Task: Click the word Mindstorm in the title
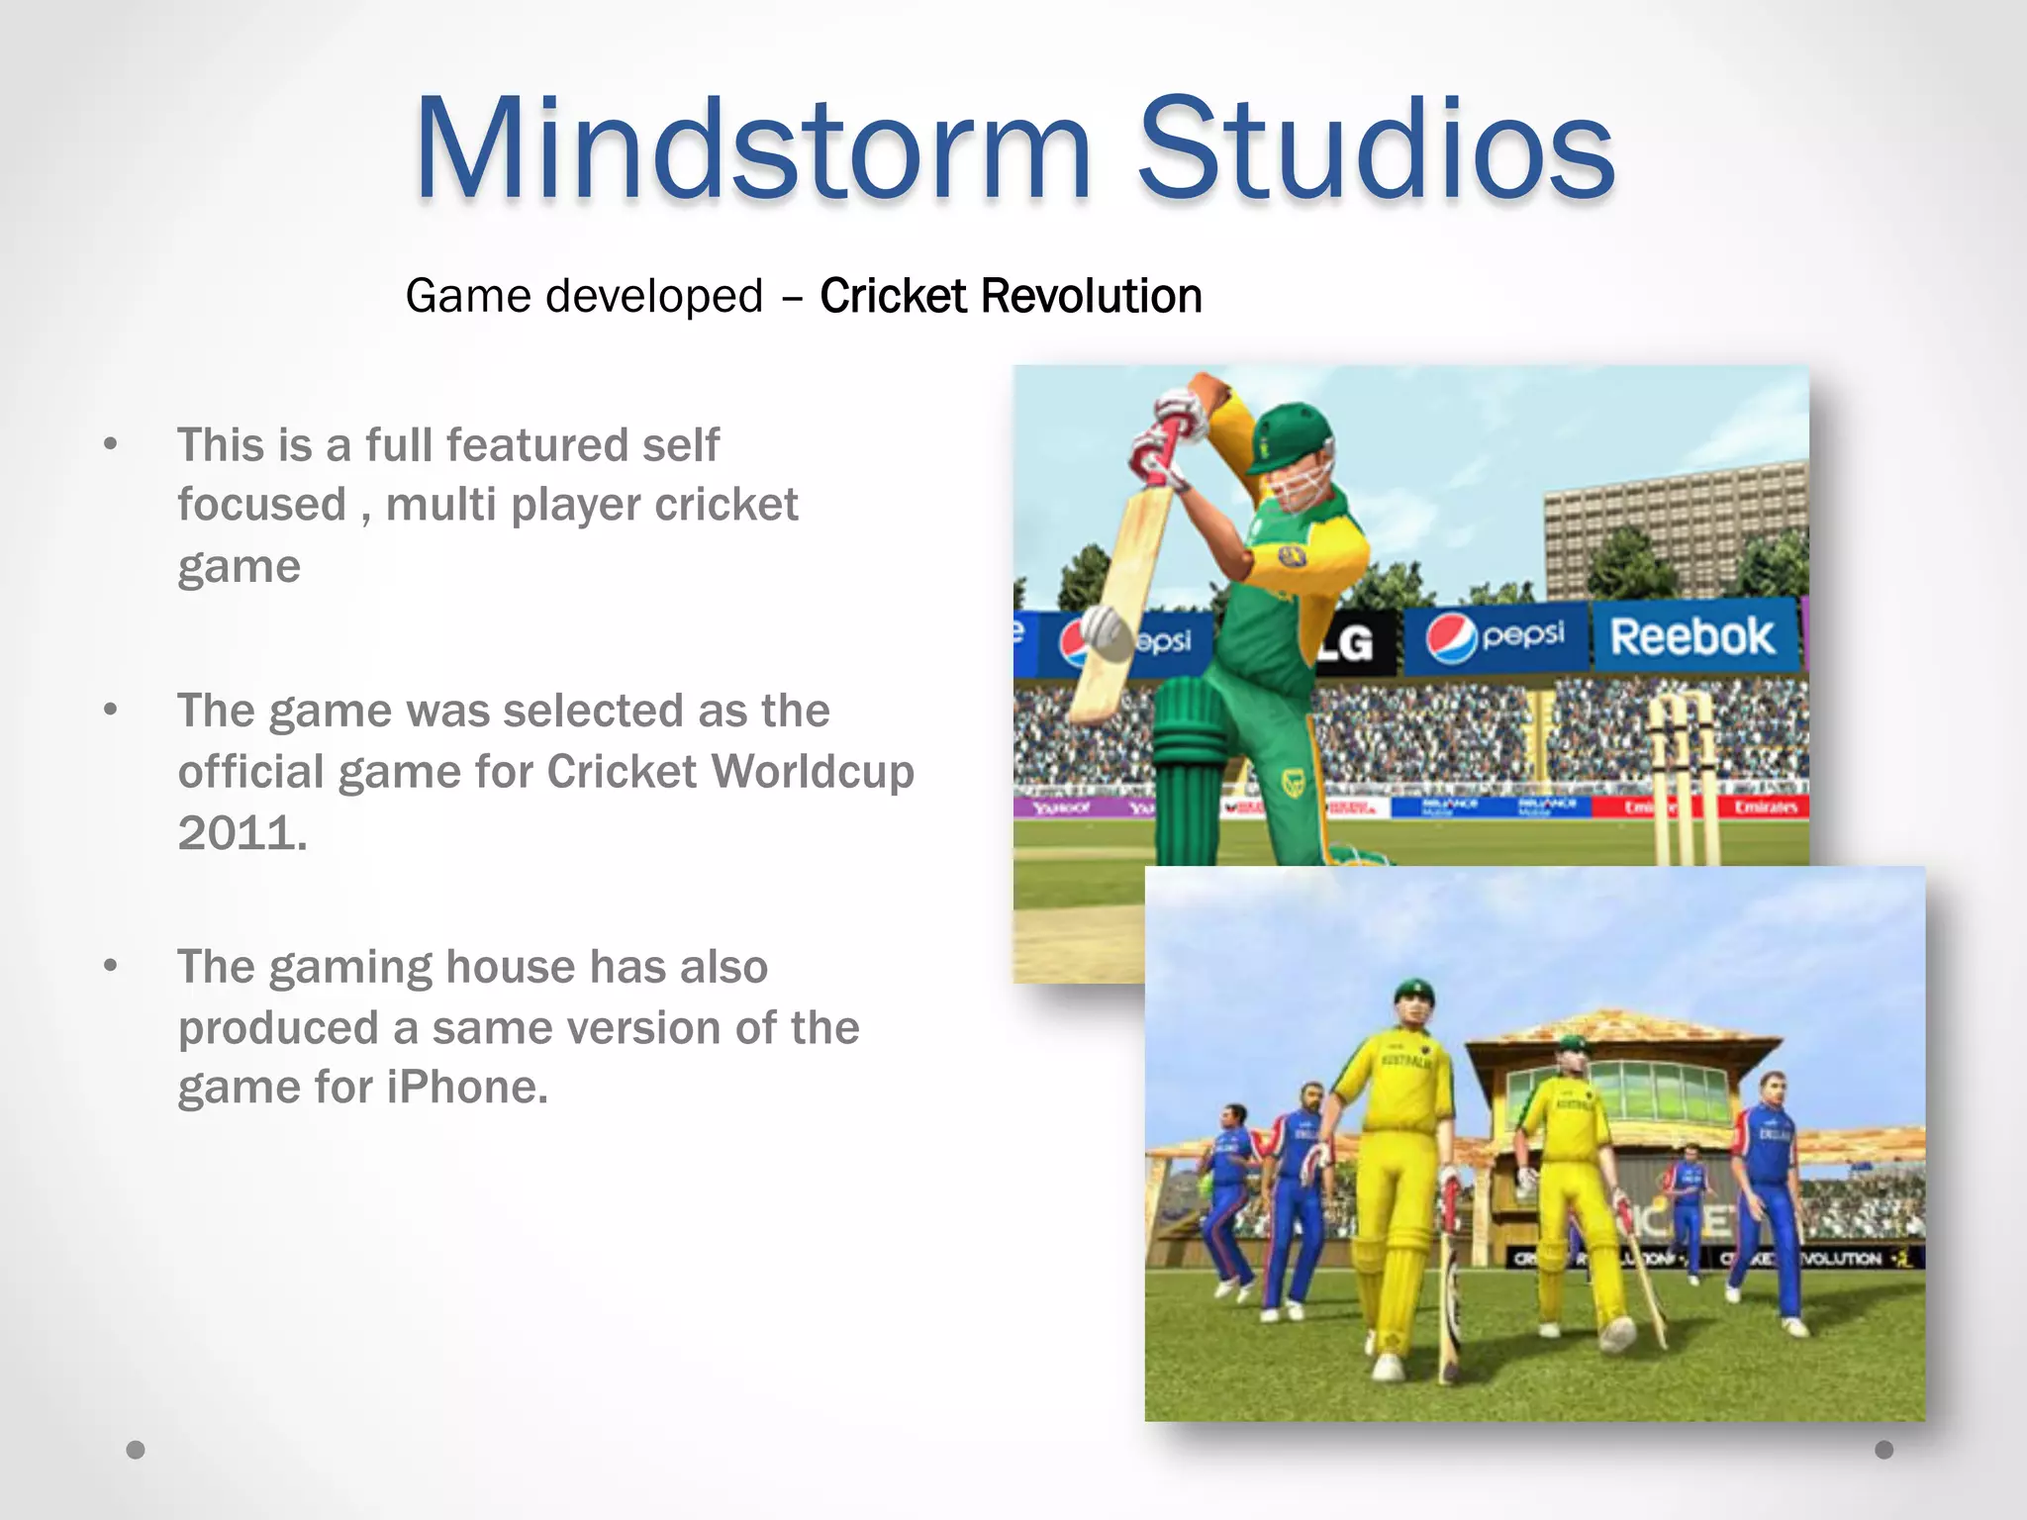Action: (752, 150)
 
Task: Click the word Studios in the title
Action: (1376, 150)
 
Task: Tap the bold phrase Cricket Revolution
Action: (1011, 296)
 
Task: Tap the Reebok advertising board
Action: (1691, 636)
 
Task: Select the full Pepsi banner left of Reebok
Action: (1496, 638)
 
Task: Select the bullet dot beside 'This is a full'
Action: (111, 445)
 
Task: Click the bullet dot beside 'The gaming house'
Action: (111, 966)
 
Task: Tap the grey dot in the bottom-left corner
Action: (136, 1450)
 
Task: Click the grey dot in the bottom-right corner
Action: (1884, 1450)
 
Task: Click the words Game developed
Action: (584, 296)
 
